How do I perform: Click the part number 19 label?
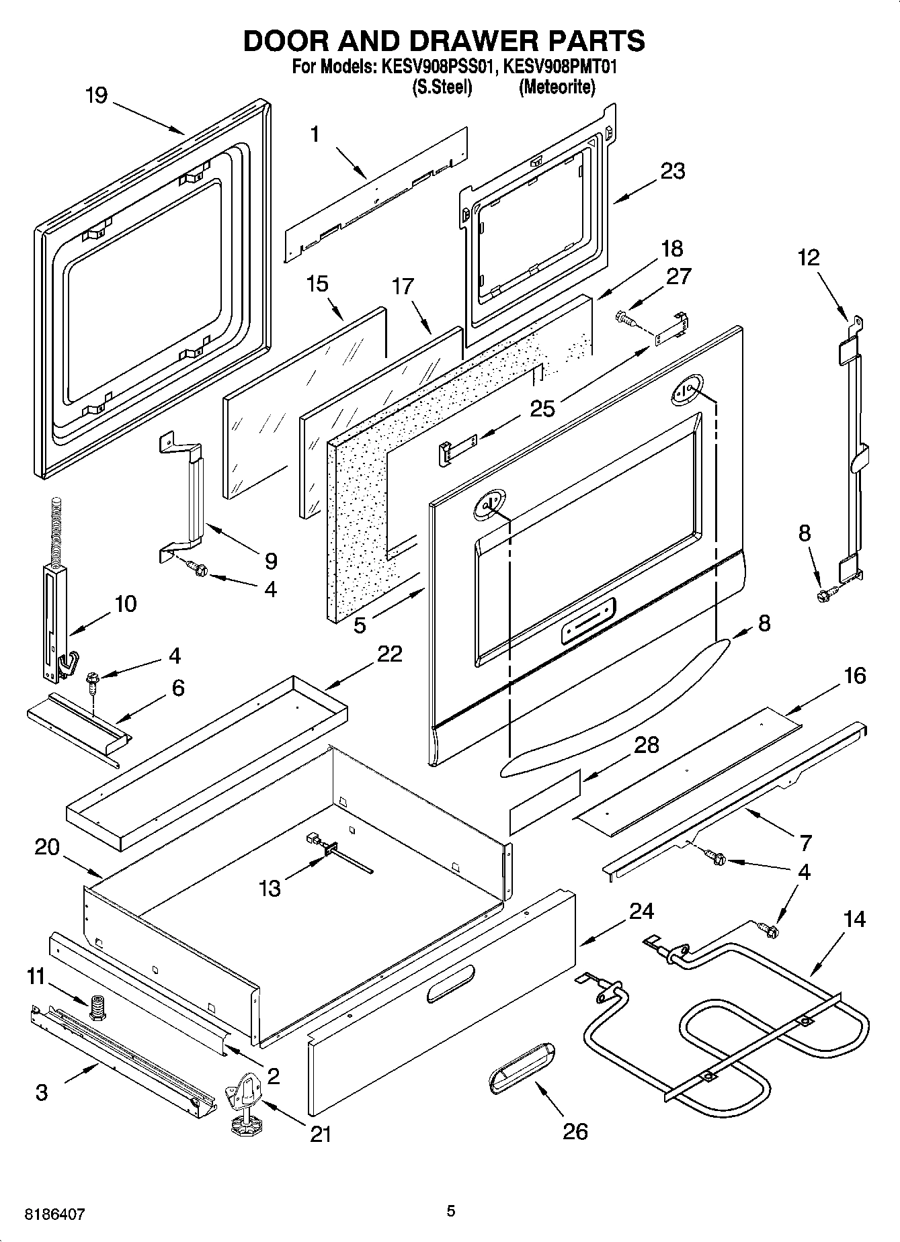(97, 95)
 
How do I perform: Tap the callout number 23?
(672, 171)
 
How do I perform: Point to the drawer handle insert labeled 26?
(519, 1072)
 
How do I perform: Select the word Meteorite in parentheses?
(557, 87)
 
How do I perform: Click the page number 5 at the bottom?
(451, 1211)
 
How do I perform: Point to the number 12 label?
(809, 257)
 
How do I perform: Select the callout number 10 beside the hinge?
(126, 603)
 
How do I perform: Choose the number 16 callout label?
(854, 675)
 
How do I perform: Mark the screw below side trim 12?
(825, 594)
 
